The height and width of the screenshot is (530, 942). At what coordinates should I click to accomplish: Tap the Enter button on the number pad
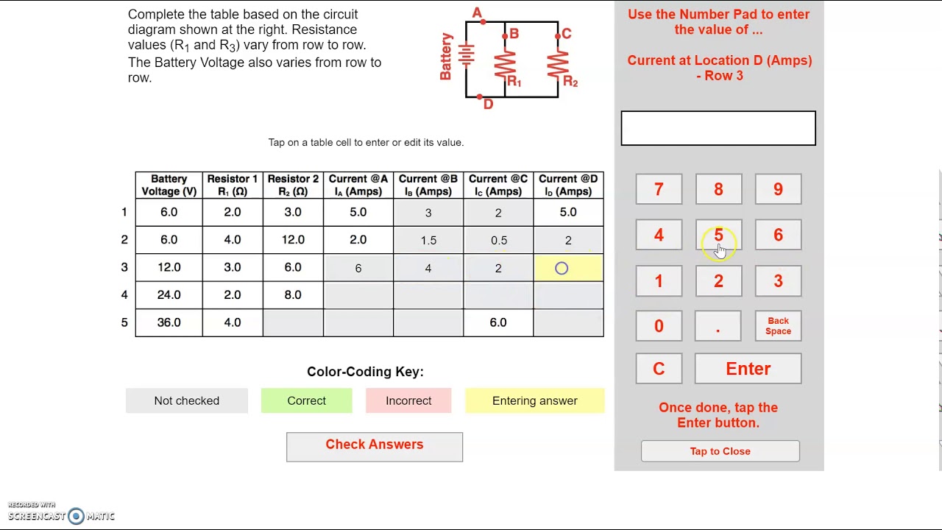tap(748, 369)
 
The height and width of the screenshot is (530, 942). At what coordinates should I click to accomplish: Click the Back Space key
tap(778, 326)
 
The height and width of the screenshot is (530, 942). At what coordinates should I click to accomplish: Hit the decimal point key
tap(718, 326)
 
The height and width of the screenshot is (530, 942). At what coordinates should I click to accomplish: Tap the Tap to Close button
tap(720, 451)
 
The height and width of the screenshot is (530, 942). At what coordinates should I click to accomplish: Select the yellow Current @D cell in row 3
tap(568, 268)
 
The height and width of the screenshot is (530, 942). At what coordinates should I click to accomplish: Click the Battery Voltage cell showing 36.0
tap(169, 322)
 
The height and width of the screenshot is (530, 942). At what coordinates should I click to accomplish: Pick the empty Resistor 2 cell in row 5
tap(293, 322)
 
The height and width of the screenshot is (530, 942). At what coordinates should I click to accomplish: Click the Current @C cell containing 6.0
tap(498, 322)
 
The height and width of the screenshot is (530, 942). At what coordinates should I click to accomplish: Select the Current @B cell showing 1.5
tap(428, 240)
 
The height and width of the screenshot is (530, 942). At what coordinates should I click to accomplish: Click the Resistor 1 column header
tap(233, 185)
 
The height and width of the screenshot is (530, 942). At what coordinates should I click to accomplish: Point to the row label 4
tap(124, 294)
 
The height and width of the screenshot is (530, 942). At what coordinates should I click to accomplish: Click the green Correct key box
tap(306, 400)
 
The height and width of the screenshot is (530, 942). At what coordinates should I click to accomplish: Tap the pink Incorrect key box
tap(408, 400)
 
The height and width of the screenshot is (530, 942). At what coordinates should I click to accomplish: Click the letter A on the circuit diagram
tap(477, 13)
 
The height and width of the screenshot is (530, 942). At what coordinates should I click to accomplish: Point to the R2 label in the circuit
tap(570, 82)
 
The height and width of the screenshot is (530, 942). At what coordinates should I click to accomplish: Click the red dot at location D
tap(480, 96)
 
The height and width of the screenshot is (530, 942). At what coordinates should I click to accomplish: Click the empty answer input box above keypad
tap(718, 128)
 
